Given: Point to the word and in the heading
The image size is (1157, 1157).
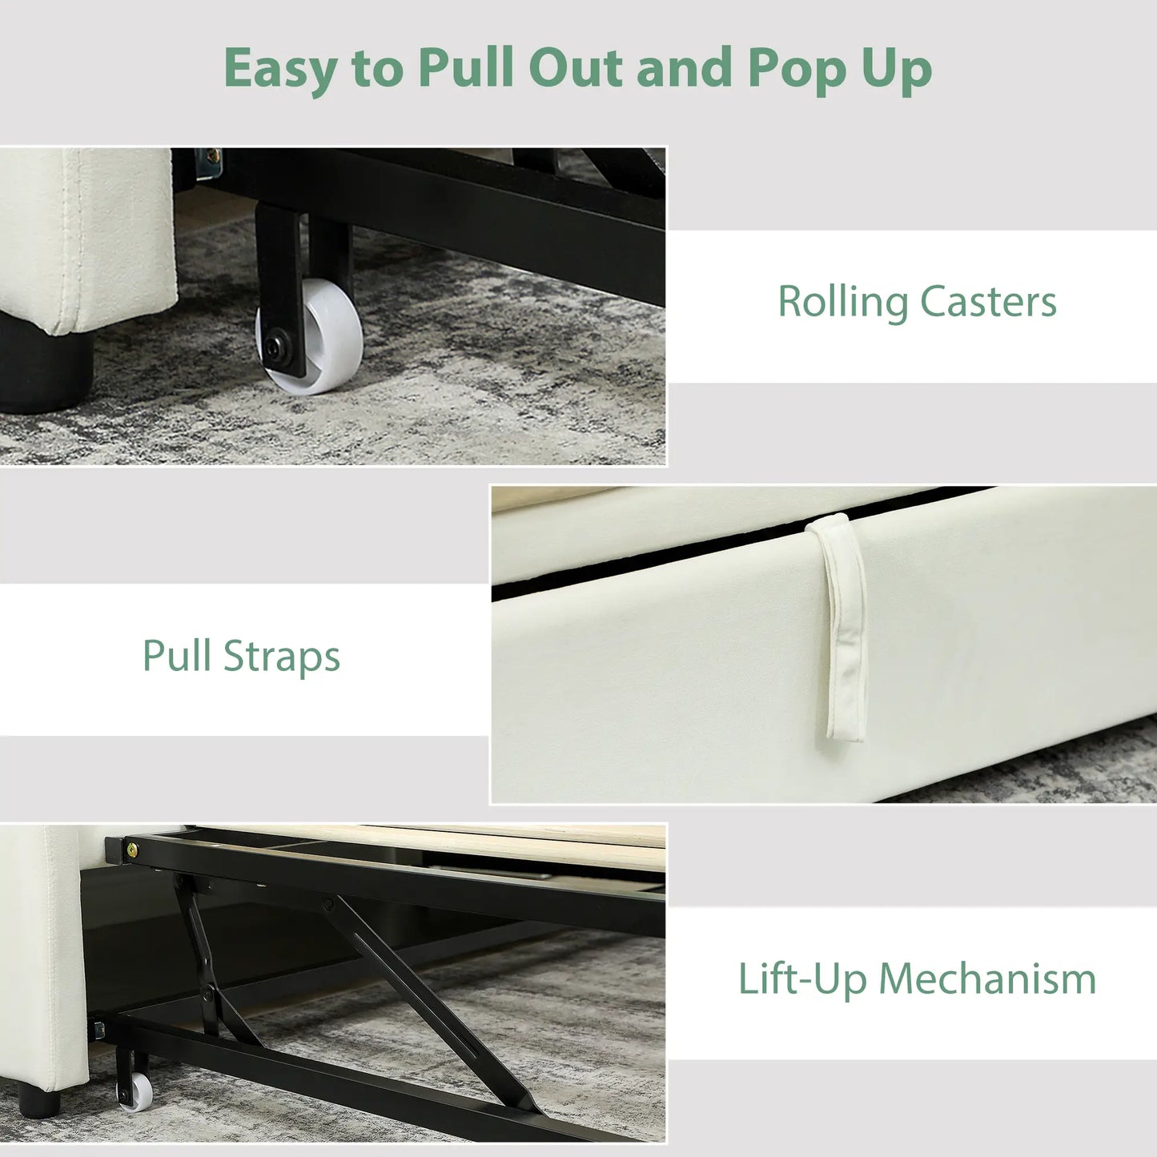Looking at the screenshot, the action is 684,66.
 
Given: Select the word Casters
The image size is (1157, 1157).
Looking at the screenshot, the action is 988,302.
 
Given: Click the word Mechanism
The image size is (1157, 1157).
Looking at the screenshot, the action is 987,980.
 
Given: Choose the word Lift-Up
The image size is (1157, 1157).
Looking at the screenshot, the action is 803,981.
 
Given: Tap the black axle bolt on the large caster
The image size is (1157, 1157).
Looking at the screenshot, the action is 276,347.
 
